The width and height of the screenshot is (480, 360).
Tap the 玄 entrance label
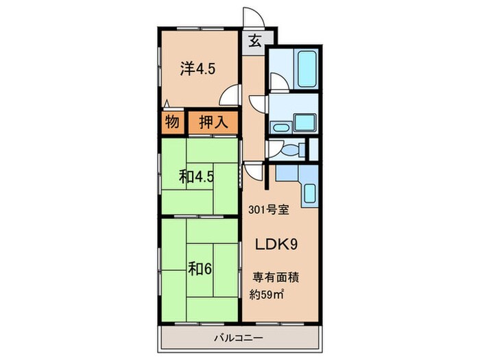[x=254, y=40]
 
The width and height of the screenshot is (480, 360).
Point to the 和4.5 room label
[x=197, y=177]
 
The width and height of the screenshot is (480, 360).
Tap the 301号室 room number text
[x=268, y=211]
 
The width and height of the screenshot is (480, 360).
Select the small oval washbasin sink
[x=280, y=128]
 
